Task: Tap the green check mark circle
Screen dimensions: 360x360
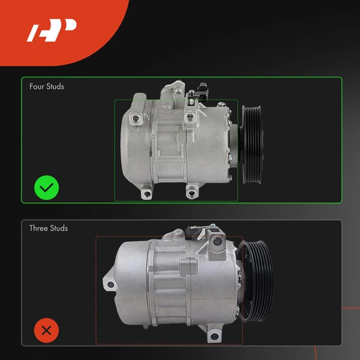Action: click(x=46, y=188)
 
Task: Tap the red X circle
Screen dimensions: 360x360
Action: click(x=46, y=330)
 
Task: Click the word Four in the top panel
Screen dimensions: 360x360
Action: click(x=37, y=86)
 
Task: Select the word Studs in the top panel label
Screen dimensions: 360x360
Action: click(x=55, y=86)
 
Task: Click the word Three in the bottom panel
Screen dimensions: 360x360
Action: click(x=39, y=228)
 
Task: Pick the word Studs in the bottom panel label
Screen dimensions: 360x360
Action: click(x=59, y=228)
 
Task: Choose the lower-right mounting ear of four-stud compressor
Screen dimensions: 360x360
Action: click(x=192, y=192)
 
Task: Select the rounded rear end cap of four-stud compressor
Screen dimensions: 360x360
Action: click(x=129, y=147)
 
